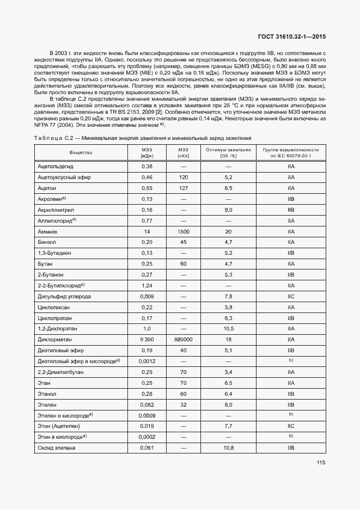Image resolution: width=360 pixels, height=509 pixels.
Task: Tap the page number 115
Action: coord(320,463)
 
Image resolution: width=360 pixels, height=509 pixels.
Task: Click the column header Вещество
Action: coord(81,152)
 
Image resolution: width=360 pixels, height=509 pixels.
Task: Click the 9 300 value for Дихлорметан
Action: coord(147,340)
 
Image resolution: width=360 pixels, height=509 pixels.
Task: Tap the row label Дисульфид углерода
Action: coord(64,297)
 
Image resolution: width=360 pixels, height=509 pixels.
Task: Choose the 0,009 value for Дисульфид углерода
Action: coord(147,297)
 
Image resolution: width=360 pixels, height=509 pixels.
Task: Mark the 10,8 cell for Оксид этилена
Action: coord(228,448)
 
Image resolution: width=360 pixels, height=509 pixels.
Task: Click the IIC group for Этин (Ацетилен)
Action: coord(290,426)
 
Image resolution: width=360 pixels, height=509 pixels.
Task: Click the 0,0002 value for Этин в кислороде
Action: coord(147,437)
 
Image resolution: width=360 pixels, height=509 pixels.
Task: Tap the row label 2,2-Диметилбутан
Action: coord(60,372)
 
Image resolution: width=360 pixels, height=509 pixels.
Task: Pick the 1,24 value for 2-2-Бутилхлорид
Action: coord(147,286)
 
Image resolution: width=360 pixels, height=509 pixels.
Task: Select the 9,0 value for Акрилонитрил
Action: coord(228,210)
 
